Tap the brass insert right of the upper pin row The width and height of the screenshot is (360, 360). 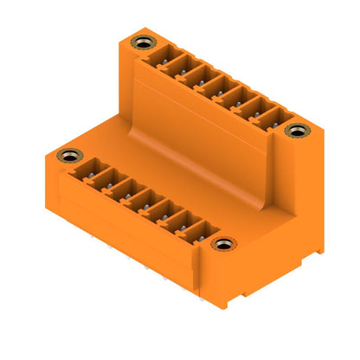coord(298,132)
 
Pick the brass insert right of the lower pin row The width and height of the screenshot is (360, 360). coord(223,245)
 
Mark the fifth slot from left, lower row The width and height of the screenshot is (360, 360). coord(164,215)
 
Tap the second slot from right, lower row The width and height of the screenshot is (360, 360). coord(182,225)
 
